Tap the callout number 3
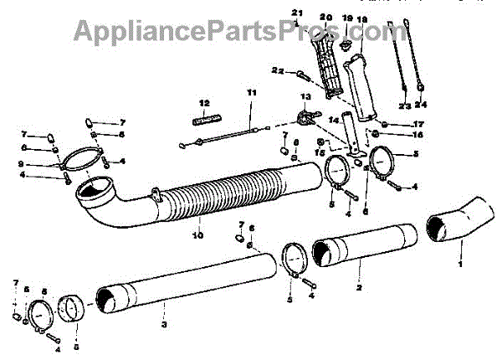(165, 324)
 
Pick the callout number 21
(295, 11)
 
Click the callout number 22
(275, 71)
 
